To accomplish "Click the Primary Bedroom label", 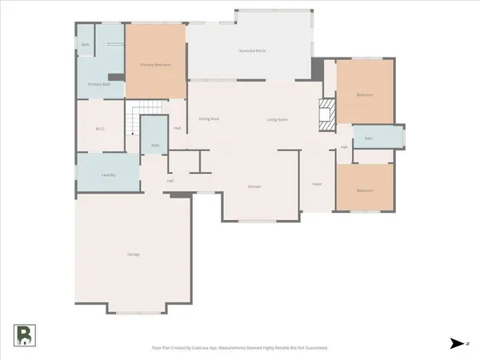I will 155,64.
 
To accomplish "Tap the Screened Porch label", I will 252,51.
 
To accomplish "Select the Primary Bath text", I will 99,84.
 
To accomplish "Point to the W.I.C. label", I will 100,128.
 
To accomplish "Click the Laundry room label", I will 110,174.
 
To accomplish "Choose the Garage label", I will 134,254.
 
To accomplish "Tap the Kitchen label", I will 254,186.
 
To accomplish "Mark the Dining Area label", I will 209,119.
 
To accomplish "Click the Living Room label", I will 277,120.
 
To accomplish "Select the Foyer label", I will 317,184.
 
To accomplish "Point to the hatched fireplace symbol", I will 326,114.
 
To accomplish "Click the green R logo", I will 24,335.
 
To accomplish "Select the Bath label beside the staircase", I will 154,146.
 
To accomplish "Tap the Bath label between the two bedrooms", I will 369,138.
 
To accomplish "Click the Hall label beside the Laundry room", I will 170,181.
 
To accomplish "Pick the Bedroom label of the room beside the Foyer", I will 364,190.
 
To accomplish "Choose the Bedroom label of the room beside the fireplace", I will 364,95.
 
